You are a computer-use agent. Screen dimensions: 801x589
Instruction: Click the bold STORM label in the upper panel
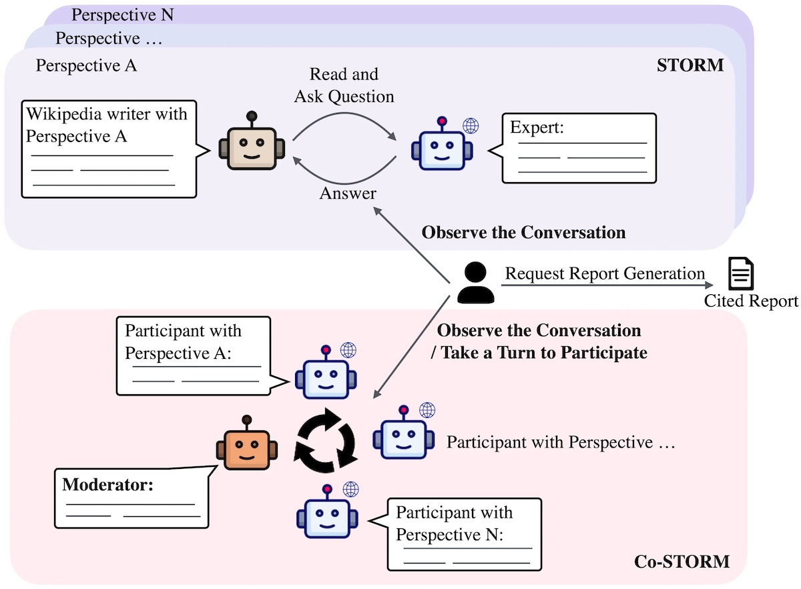tap(690, 65)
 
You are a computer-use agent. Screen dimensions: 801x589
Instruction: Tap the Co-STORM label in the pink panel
tap(682, 562)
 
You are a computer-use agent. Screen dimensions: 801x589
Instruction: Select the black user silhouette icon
tap(475, 283)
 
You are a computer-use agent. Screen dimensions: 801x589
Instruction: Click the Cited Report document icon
tap(741, 273)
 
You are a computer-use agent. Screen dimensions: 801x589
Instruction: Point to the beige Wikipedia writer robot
tap(252, 141)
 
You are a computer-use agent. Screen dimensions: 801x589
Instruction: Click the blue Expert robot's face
tap(442, 150)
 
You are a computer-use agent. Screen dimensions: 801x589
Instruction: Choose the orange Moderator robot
tap(247, 443)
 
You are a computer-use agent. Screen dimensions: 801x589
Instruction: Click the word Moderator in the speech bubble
tap(107, 485)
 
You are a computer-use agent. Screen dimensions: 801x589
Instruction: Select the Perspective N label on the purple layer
tap(123, 15)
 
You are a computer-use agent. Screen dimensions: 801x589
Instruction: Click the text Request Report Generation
tap(605, 273)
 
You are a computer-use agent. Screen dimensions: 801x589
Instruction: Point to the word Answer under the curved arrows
tap(348, 193)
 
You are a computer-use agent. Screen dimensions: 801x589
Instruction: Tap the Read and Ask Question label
tap(344, 85)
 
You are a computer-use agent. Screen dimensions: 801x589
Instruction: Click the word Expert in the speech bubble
tap(537, 127)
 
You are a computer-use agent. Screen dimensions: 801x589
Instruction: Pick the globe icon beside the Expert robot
tap(471, 126)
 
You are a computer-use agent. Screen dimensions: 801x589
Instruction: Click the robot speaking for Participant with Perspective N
tap(327, 511)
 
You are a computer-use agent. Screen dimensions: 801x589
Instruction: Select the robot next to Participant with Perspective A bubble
tap(326, 372)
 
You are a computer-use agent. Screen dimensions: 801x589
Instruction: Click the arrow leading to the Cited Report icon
tap(607, 285)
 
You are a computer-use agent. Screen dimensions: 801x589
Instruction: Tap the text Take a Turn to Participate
tap(543, 353)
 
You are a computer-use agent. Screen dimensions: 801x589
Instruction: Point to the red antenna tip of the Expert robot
tap(442, 121)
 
